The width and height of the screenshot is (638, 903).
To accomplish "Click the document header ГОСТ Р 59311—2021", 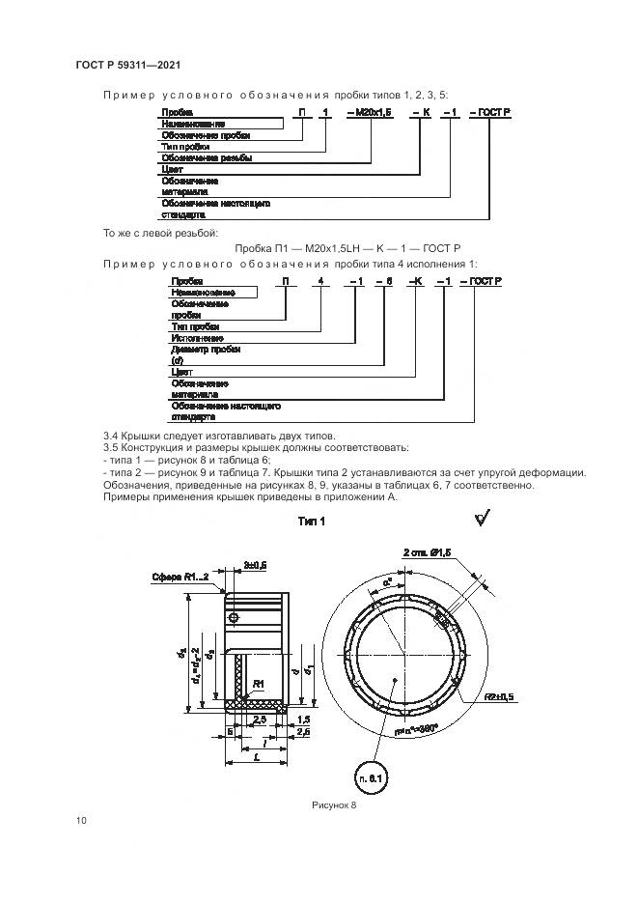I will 128,65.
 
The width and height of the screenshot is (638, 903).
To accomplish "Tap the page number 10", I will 81,821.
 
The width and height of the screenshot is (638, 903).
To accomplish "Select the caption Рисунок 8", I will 335,804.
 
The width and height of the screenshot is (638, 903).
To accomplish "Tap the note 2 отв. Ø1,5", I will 426,551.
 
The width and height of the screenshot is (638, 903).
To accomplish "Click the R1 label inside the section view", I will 258,684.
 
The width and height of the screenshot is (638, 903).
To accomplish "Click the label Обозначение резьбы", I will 207,157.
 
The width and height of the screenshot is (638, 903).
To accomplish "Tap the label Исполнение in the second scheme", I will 198,338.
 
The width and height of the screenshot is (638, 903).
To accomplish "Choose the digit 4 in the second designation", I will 321,279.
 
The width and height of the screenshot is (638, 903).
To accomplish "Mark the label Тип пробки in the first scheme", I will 185,147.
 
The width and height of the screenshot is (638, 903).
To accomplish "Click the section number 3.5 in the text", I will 109,448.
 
